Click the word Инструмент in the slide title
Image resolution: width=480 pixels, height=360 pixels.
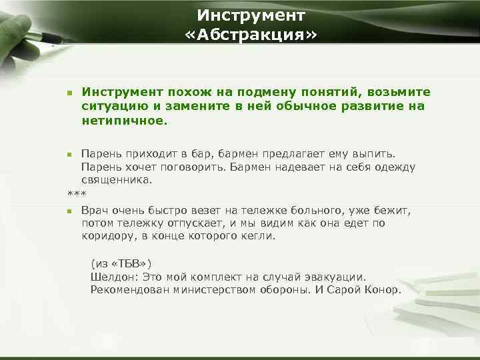click(251, 14)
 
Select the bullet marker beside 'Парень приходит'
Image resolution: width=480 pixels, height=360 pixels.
click(69, 155)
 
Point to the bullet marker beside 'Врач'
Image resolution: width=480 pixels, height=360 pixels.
click(69, 212)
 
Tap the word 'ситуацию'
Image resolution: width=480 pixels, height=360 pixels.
click(111, 107)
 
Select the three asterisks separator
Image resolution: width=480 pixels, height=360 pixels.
click(77, 194)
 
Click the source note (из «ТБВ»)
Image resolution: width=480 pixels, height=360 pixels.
click(125, 264)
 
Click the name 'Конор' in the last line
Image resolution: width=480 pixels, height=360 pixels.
click(383, 289)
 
